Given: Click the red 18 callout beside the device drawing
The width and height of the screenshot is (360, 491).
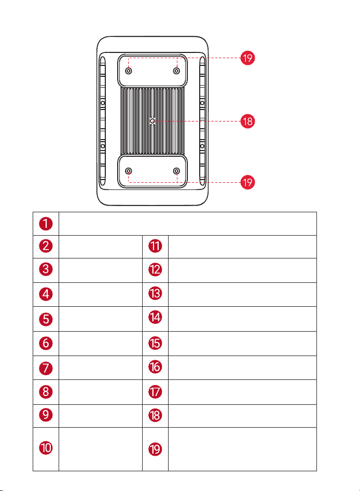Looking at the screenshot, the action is pyautogui.click(x=247, y=121).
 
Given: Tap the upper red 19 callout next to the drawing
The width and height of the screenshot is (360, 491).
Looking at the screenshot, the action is pyautogui.click(x=247, y=58).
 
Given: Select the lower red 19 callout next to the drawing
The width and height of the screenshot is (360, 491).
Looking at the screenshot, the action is pyautogui.click(x=247, y=182).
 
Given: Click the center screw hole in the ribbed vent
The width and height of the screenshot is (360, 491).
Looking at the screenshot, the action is pyautogui.click(x=153, y=121).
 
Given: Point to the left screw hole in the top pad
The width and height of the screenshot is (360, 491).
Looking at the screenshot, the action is pyautogui.click(x=128, y=71).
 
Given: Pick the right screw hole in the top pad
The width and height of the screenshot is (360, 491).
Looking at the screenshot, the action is pyautogui.click(x=176, y=71).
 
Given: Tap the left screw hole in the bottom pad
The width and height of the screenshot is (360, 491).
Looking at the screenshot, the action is pyautogui.click(x=128, y=171).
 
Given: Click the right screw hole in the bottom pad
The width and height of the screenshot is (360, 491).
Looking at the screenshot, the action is pyautogui.click(x=176, y=171).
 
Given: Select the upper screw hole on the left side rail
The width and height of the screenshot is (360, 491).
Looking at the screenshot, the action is pyautogui.click(x=103, y=103).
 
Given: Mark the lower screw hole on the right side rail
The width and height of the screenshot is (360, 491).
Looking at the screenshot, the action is pyautogui.click(x=202, y=146).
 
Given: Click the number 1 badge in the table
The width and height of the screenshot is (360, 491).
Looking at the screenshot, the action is pyautogui.click(x=46, y=224).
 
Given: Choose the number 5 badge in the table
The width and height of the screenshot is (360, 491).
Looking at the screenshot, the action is pyautogui.click(x=46, y=319).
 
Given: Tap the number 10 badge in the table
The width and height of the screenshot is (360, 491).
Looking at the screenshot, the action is pyautogui.click(x=46, y=447).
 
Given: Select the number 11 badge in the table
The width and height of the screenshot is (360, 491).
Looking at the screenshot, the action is pyautogui.click(x=155, y=246).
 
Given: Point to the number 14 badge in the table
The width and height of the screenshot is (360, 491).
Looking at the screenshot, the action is pyautogui.click(x=155, y=317).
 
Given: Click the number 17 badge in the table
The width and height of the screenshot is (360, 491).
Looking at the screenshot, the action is pyautogui.click(x=155, y=392).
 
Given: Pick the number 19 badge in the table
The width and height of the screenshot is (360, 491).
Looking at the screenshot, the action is pyautogui.click(x=155, y=449).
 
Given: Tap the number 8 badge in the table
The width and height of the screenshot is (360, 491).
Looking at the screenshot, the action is pyautogui.click(x=46, y=391).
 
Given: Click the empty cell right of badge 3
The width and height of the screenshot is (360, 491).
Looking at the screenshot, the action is pyautogui.click(x=101, y=270).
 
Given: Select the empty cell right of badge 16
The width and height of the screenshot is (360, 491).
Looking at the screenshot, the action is pyautogui.click(x=242, y=367).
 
